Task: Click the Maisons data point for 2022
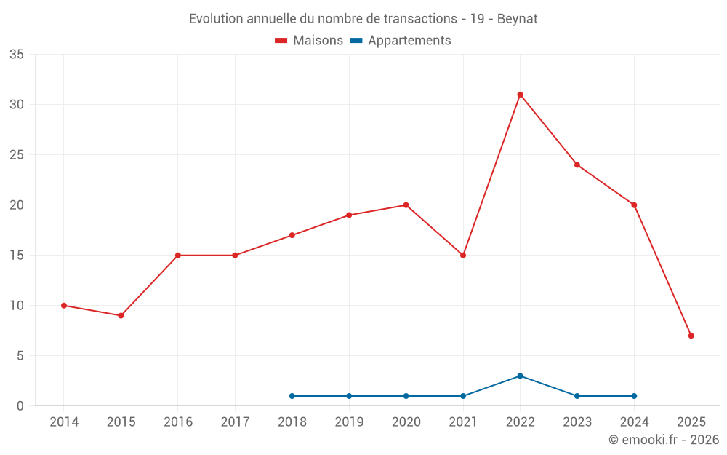pos(520,95)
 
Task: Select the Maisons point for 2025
pos(691,336)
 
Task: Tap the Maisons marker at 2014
pos(64,306)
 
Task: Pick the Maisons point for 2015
pos(121,316)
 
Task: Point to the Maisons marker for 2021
pos(463,256)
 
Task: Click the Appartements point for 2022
pos(520,376)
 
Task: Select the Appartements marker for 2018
pos(292,396)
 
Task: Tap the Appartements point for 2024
pos(634,396)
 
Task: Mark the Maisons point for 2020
pos(406,205)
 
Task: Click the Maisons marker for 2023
pos(577,165)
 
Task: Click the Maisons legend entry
pos(309,41)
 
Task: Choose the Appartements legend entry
pos(401,41)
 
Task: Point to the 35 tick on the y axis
pos(17,55)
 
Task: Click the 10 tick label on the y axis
pos(17,306)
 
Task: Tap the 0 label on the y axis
pos(20,406)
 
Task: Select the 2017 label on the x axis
pos(235,422)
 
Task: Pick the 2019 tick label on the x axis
pos(349,422)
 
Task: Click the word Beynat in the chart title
pos(518,19)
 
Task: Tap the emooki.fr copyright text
pos(664,440)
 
